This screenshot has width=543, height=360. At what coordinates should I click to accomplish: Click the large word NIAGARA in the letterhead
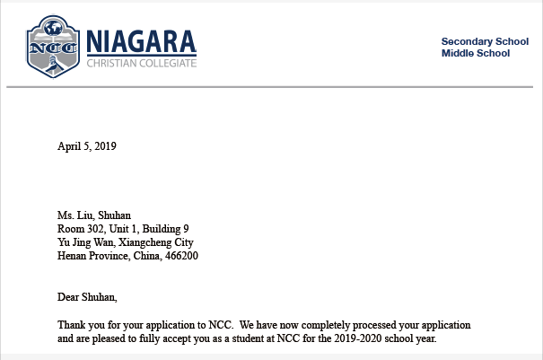click(x=141, y=41)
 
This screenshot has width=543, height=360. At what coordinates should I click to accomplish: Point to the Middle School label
click(x=476, y=53)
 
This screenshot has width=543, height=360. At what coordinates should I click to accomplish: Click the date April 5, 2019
click(x=87, y=145)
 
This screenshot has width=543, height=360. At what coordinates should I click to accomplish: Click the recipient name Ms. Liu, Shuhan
click(x=93, y=215)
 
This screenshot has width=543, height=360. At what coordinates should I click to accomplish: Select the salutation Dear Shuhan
click(x=87, y=297)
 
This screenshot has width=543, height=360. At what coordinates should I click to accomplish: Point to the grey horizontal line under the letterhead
click(x=269, y=87)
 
